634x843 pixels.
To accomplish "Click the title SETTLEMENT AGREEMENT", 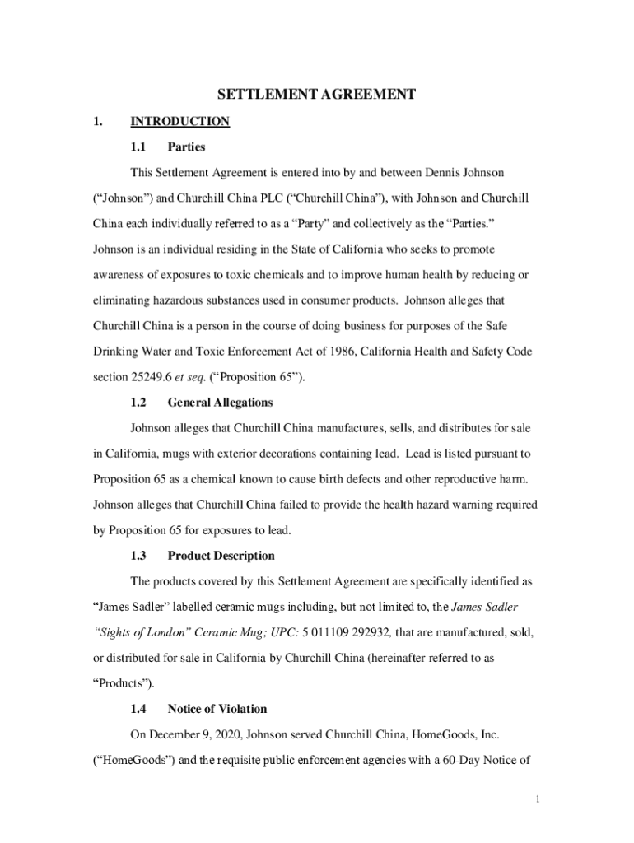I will [x=316, y=95].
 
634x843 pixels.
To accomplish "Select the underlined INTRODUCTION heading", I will [x=179, y=122].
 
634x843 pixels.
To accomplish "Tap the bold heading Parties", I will [x=186, y=147].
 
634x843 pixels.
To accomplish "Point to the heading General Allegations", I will [x=220, y=403].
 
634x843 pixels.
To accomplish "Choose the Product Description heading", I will [x=221, y=556].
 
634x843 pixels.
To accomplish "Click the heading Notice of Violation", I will [x=217, y=708].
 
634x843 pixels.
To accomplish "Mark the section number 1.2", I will [x=138, y=403].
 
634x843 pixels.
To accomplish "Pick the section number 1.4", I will [x=138, y=708].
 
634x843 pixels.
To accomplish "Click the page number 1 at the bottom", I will [x=536, y=799].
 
